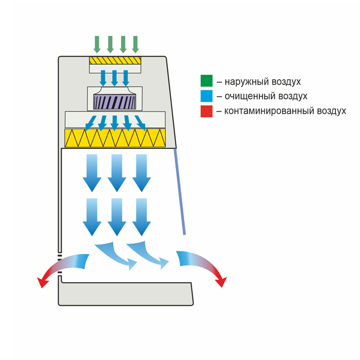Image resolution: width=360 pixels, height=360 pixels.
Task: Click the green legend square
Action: pyautogui.click(x=206, y=81)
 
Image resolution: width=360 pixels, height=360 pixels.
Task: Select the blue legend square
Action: pyautogui.click(x=206, y=96)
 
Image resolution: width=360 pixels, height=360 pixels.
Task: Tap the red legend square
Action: pyautogui.click(x=206, y=111)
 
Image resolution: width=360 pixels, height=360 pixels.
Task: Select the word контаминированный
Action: pyautogui.click(x=269, y=111)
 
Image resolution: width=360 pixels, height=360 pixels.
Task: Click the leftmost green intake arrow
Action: pyautogui.click(x=97, y=44)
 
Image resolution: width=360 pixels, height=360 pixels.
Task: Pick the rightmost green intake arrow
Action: pyautogui.click(x=135, y=44)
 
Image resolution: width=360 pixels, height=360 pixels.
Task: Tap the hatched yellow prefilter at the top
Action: pyautogui.click(x=115, y=61)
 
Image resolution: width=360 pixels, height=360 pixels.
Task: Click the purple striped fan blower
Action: pyautogui.click(x=115, y=102)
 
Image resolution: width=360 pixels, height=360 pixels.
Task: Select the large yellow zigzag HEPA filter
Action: pyautogui.click(x=115, y=138)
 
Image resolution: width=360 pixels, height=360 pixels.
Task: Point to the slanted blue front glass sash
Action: pyautogui.click(x=180, y=192)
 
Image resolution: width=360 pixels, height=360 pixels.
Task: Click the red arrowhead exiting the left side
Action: pyautogui.click(x=44, y=282)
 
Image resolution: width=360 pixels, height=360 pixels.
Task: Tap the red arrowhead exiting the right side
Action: pyautogui.click(x=221, y=282)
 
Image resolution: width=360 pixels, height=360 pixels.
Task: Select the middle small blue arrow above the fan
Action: pyautogui.click(x=114, y=78)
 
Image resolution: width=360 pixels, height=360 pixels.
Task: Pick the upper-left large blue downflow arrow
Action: pyautogui.click(x=92, y=173)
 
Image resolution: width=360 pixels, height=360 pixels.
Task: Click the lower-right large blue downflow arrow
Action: pyautogui.click(x=142, y=217)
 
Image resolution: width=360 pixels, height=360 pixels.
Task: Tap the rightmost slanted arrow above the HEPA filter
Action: pyautogui.click(x=140, y=123)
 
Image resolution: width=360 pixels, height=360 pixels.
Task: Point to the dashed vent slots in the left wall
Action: pyautogui.click(x=59, y=264)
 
